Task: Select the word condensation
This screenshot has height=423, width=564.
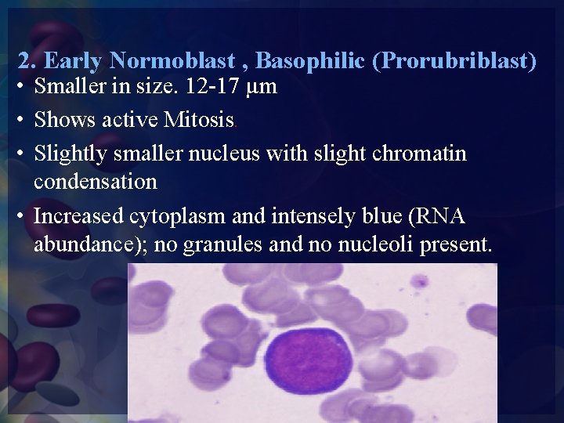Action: [x=96, y=182]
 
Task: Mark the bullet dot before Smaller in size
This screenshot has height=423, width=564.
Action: [x=23, y=87]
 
